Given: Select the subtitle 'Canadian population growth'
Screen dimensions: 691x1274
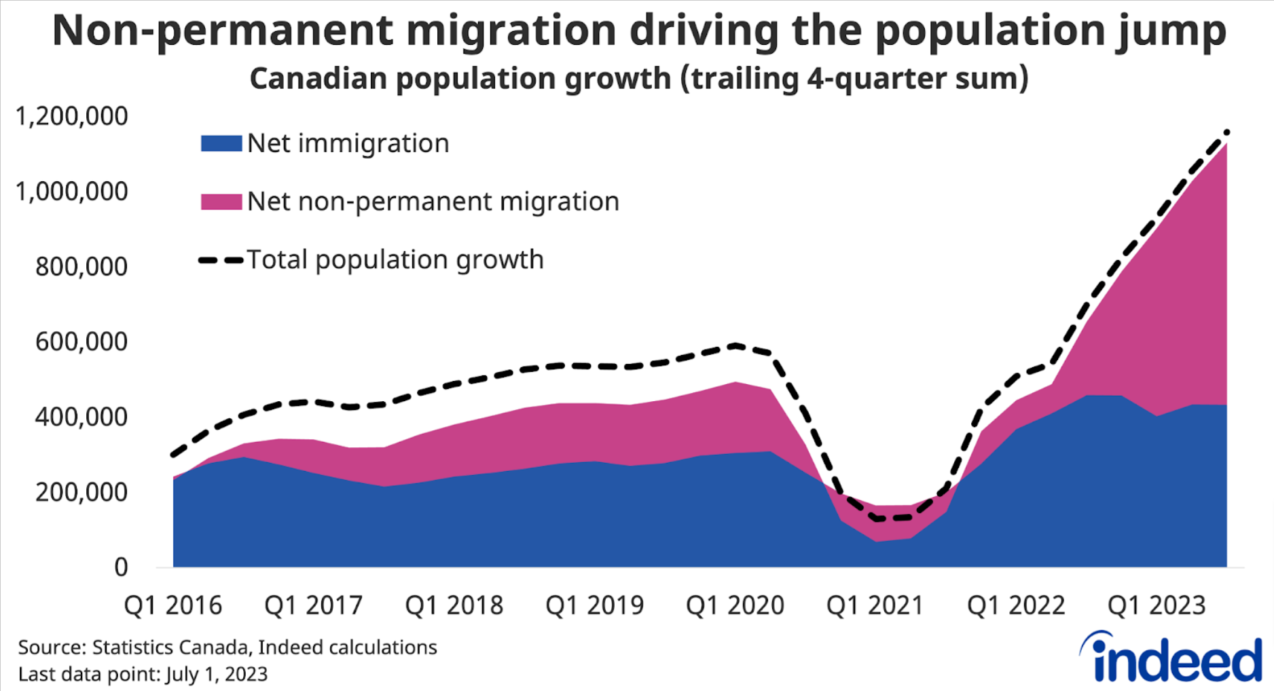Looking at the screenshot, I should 460,79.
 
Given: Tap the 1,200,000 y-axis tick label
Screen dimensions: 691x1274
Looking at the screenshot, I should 71,116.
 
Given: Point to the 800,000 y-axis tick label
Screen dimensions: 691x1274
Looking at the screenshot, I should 81,267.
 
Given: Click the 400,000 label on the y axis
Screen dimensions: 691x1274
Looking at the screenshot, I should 81,417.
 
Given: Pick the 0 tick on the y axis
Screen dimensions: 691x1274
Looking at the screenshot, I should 121,567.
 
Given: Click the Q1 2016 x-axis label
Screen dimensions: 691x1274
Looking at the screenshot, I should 173,605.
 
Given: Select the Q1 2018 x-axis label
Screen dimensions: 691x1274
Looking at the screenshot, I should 454,605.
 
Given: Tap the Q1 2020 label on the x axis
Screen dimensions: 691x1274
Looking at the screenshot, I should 735,605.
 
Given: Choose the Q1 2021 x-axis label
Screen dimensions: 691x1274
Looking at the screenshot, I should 875,605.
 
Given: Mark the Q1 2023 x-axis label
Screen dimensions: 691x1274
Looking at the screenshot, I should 1157,605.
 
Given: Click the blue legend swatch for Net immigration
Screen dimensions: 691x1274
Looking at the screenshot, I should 221,143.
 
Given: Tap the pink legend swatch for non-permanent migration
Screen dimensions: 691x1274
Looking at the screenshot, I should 221,202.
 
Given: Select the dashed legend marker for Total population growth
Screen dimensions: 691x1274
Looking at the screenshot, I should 221,260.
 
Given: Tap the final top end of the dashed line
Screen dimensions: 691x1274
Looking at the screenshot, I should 1226,132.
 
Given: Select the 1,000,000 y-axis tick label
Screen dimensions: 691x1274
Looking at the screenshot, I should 71,191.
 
